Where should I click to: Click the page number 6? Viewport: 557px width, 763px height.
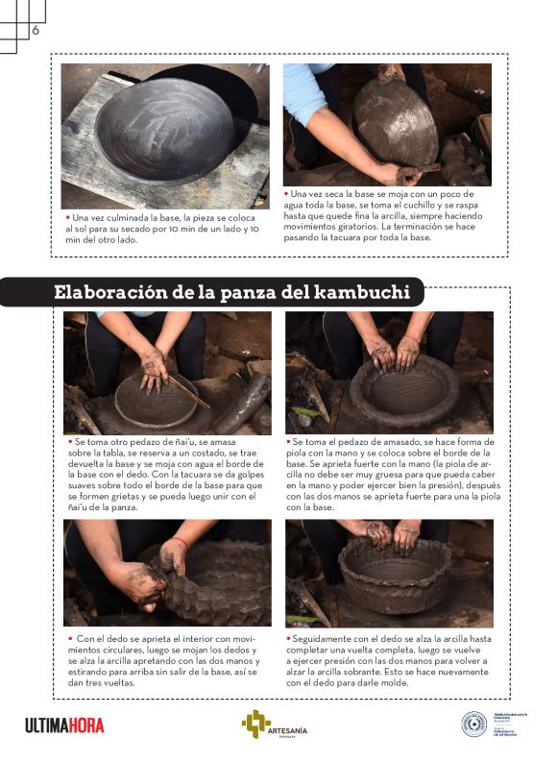pos(36,31)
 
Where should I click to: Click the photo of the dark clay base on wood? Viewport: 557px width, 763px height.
pos(164,135)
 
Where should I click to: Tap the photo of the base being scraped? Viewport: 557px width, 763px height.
pos(386,124)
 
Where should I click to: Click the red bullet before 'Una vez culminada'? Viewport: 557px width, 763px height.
pos(67,218)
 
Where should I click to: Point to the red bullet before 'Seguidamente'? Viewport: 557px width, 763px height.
pos(288,638)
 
